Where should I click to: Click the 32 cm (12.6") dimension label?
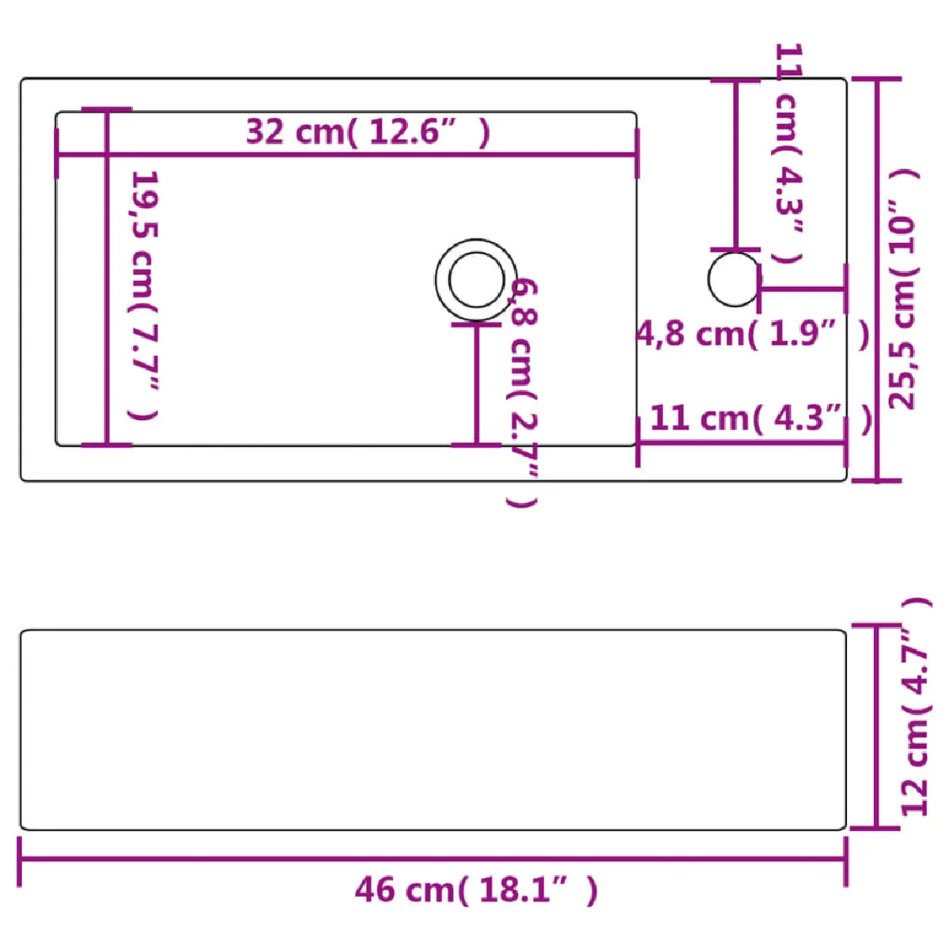pyautogui.click(x=368, y=133)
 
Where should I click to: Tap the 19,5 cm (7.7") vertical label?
pyautogui.click(x=144, y=296)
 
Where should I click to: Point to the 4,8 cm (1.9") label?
pyautogui.click(x=753, y=335)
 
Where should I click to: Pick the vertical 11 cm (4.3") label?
pyautogui.click(x=787, y=153)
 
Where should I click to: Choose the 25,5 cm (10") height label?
pyautogui.click(x=903, y=289)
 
